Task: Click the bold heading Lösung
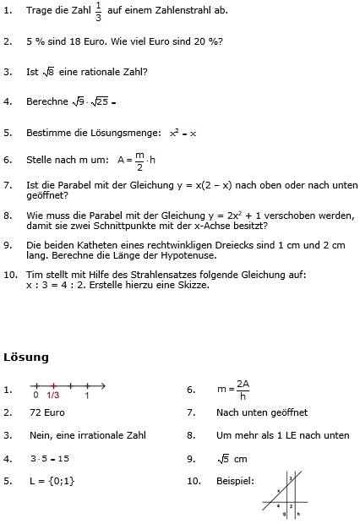[x=26, y=358]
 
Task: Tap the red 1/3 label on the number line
[x=52, y=396]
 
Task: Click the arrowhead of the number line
[x=102, y=385]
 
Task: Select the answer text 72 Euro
[x=46, y=412]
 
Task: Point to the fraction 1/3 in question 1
[x=97, y=11]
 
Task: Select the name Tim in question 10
[x=35, y=276]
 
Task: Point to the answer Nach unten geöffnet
[x=262, y=412]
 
